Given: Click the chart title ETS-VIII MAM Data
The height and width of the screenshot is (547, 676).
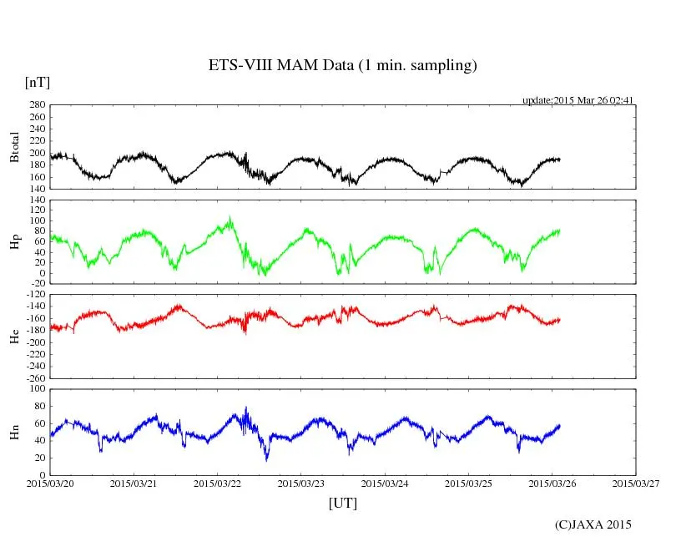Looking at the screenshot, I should [x=342, y=65].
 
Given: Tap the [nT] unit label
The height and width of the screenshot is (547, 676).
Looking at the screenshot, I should [x=38, y=82].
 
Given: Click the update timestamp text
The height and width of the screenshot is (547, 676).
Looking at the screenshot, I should [x=578, y=100].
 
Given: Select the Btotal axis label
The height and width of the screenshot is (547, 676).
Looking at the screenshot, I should [x=14, y=147].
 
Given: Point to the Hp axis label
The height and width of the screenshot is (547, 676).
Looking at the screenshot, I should [x=14, y=242].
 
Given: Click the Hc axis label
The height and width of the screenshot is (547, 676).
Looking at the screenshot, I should [x=14, y=337].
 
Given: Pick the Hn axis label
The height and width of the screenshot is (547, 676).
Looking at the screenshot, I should [x=14, y=431].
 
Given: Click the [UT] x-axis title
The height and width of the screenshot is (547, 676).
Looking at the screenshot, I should [x=342, y=503].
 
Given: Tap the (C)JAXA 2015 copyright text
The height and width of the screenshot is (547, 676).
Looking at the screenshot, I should [x=593, y=524].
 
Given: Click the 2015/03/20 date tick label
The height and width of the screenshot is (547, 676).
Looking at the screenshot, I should [x=49, y=483].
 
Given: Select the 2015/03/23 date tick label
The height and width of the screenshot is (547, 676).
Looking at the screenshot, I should [x=301, y=483].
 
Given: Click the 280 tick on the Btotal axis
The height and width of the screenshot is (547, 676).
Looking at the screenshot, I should [x=37, y=105].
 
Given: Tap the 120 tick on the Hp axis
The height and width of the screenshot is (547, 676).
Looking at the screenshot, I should [x=37, y=200].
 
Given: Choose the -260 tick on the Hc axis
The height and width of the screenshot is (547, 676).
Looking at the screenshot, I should [x=34, y=378].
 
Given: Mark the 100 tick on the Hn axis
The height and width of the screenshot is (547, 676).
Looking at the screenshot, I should [x=37, y=389].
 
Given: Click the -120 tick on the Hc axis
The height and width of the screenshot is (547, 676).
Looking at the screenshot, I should [x=34, y=295].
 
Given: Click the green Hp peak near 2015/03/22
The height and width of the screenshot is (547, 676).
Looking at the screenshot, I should [x=230, y=217].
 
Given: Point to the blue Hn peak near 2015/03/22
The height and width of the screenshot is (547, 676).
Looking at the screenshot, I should [x=246, y=408].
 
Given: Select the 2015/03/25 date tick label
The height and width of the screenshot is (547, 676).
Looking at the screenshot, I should [x=468, y=483].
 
